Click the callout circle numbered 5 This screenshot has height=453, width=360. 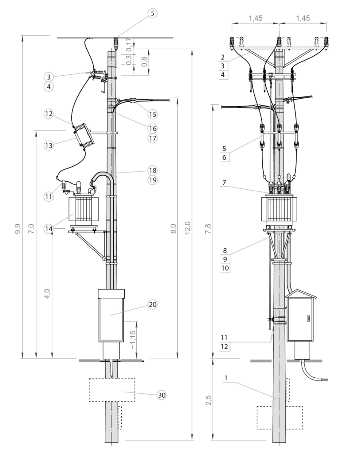152,13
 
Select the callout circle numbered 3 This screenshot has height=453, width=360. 49,77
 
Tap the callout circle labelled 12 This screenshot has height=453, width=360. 49,114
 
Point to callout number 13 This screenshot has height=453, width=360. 49,146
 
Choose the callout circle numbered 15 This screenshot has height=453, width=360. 152,115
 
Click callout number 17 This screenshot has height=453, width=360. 152,138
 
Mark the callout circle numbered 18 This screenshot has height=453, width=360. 152,170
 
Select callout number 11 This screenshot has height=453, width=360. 49,196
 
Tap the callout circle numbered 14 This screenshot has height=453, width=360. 49,229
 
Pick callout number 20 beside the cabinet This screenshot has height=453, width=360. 152,304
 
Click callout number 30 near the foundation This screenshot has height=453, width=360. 161,395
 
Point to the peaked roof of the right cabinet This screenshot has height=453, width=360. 302,294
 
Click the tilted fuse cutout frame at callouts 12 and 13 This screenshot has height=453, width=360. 84,135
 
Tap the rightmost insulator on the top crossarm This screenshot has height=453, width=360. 326,42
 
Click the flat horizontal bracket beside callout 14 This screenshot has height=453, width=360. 84,226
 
